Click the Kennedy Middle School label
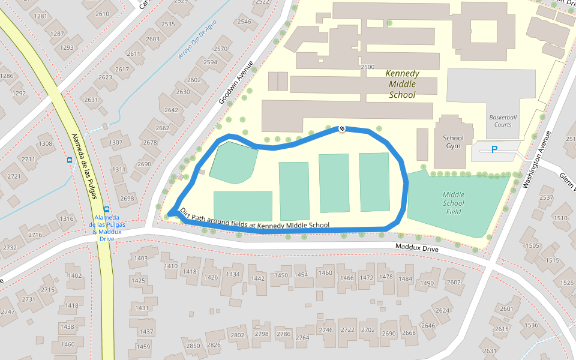pyautogui.click(x=402, y=84)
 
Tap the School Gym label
pyautogui.click(x=453, y=142)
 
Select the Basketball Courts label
pyautogui.click(x=503, y=121)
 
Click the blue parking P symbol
pyautogui.click(x=494, y=149)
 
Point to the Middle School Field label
pyautogui.click(x=454, y=203)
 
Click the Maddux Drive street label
pyautogui.click(x=417, y=247)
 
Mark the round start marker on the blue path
pyautogui.click(x=342, y=128)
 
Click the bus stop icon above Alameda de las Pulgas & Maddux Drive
pyautogui.click(x=107, y=209)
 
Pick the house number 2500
pyautogui.click(x=368, y=67)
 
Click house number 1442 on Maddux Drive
pyautogui.click(x=257, y=278)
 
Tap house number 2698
pyautogui.click(x=127, y=198)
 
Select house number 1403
pyautogui.click(x=140, y=259)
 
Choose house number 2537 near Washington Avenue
pyautogui.click(x=546, y=197)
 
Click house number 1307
pyautogui.click(x=116, y=142)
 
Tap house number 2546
pyautogui.click(x=244, y=22)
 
